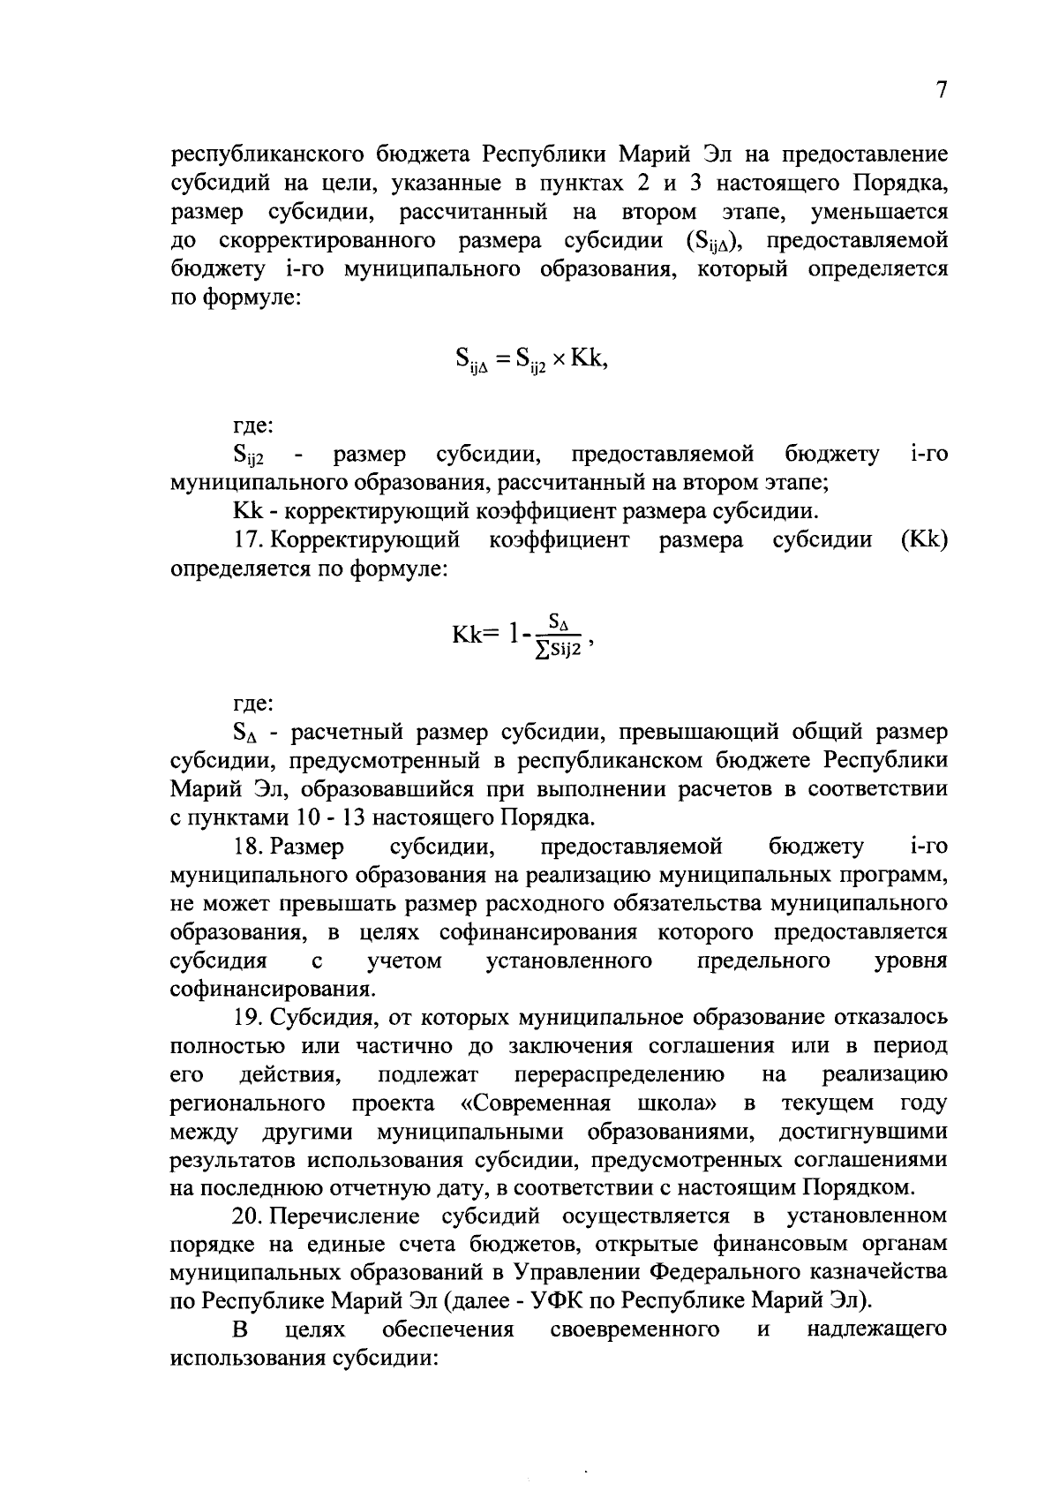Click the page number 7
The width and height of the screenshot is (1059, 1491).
click(x=941, y=92)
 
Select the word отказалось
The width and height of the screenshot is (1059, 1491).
click(x=893, y=1018)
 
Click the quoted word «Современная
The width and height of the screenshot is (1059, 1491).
click(x=536, y=1103)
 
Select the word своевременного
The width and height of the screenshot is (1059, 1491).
click(x=634, y=1329)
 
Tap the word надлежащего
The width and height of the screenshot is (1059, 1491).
click(x=876, y=1329)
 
